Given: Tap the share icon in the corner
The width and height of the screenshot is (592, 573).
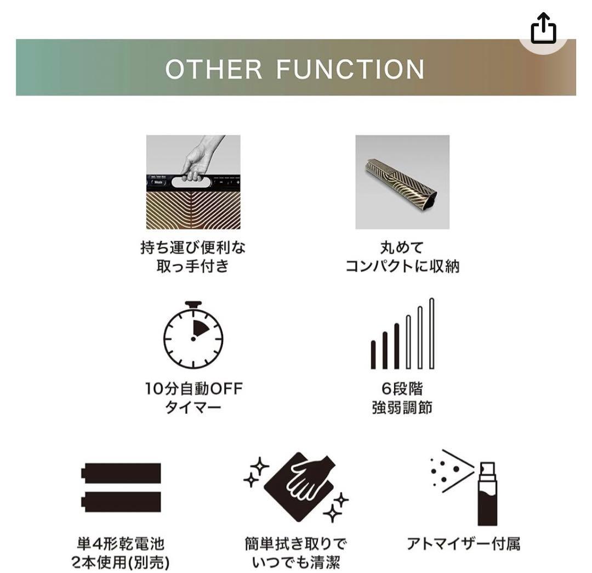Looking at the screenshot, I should pos(543,30).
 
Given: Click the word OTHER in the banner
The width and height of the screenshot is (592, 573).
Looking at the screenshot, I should pos(214,70).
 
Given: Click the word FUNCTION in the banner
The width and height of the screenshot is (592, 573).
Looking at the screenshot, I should pos(350,70).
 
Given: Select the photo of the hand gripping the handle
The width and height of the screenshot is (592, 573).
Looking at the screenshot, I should pos(193,182).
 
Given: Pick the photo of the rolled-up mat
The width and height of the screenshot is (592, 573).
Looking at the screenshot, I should pos(402,182).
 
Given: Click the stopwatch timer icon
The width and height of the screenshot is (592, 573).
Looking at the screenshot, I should pos(193,335).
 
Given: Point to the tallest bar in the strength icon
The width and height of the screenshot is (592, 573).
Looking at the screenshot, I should pos(431,333).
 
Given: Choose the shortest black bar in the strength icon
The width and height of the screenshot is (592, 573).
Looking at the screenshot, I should pos(373,355).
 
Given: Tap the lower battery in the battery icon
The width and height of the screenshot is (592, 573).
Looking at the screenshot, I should pos(122,502).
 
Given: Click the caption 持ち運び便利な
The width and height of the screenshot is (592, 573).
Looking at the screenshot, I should pos(193,248).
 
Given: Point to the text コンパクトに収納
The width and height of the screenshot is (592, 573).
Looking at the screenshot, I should pos(402,267).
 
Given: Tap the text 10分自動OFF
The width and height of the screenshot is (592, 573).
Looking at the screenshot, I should pos(193,389).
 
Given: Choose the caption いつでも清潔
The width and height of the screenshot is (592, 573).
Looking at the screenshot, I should pos(296,563).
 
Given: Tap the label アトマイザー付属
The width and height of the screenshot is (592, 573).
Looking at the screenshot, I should pos(463,544).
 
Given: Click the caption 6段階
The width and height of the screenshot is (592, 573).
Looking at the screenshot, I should pos(402,389).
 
